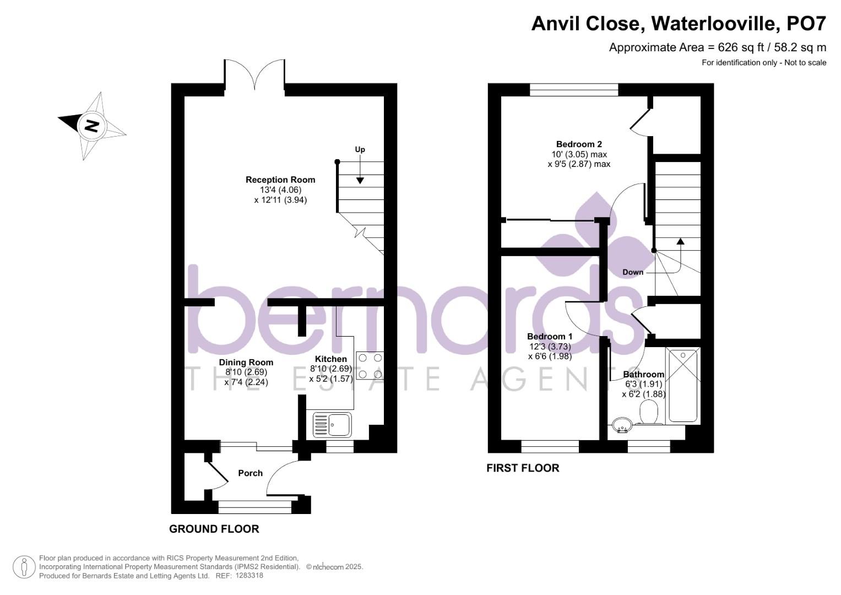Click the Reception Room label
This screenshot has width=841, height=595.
(x=280, y=180)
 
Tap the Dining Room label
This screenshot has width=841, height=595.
(x=246, y=362)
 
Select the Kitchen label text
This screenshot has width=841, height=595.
(x=330, y=359)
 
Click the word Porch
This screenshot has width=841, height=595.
(x=250, y=473)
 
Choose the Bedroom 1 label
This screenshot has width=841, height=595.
(x=550, y=337)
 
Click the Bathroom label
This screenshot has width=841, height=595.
(x=643, y=375)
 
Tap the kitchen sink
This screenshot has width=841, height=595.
(x=332, y=425)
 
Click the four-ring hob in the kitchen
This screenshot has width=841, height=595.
(x=370, y=366)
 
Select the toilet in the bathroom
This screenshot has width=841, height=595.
(x=649, y=413)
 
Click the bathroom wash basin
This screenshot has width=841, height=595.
(x=623, y=424)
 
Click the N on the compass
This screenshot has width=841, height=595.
(x=91, y=126)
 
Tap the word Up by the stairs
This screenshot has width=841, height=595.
(x=360, y=149)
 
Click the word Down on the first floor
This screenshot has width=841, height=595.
(x=633, y=272)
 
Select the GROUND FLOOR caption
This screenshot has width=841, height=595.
(x=214, y=529)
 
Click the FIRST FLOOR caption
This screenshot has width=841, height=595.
(x=523, y=468)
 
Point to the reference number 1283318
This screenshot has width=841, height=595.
(x=249, y=576)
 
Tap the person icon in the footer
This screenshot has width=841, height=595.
(x=24, y=567)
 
